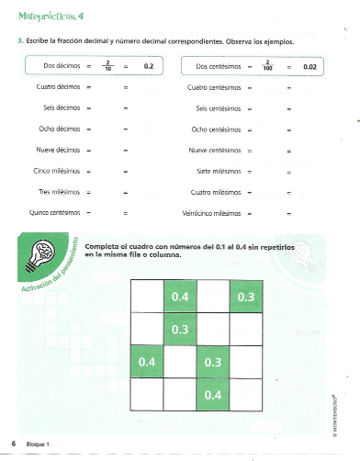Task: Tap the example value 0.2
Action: pos(149,67)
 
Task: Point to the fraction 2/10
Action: pos(107,67)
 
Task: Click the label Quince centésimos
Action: pos(51,212)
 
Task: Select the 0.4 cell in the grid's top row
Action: pos(180,298)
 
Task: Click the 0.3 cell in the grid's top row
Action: pos(245,298)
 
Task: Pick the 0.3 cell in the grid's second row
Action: pos(180,330)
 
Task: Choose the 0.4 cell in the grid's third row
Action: pos(147,363)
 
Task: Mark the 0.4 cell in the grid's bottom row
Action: pos(213,395)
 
